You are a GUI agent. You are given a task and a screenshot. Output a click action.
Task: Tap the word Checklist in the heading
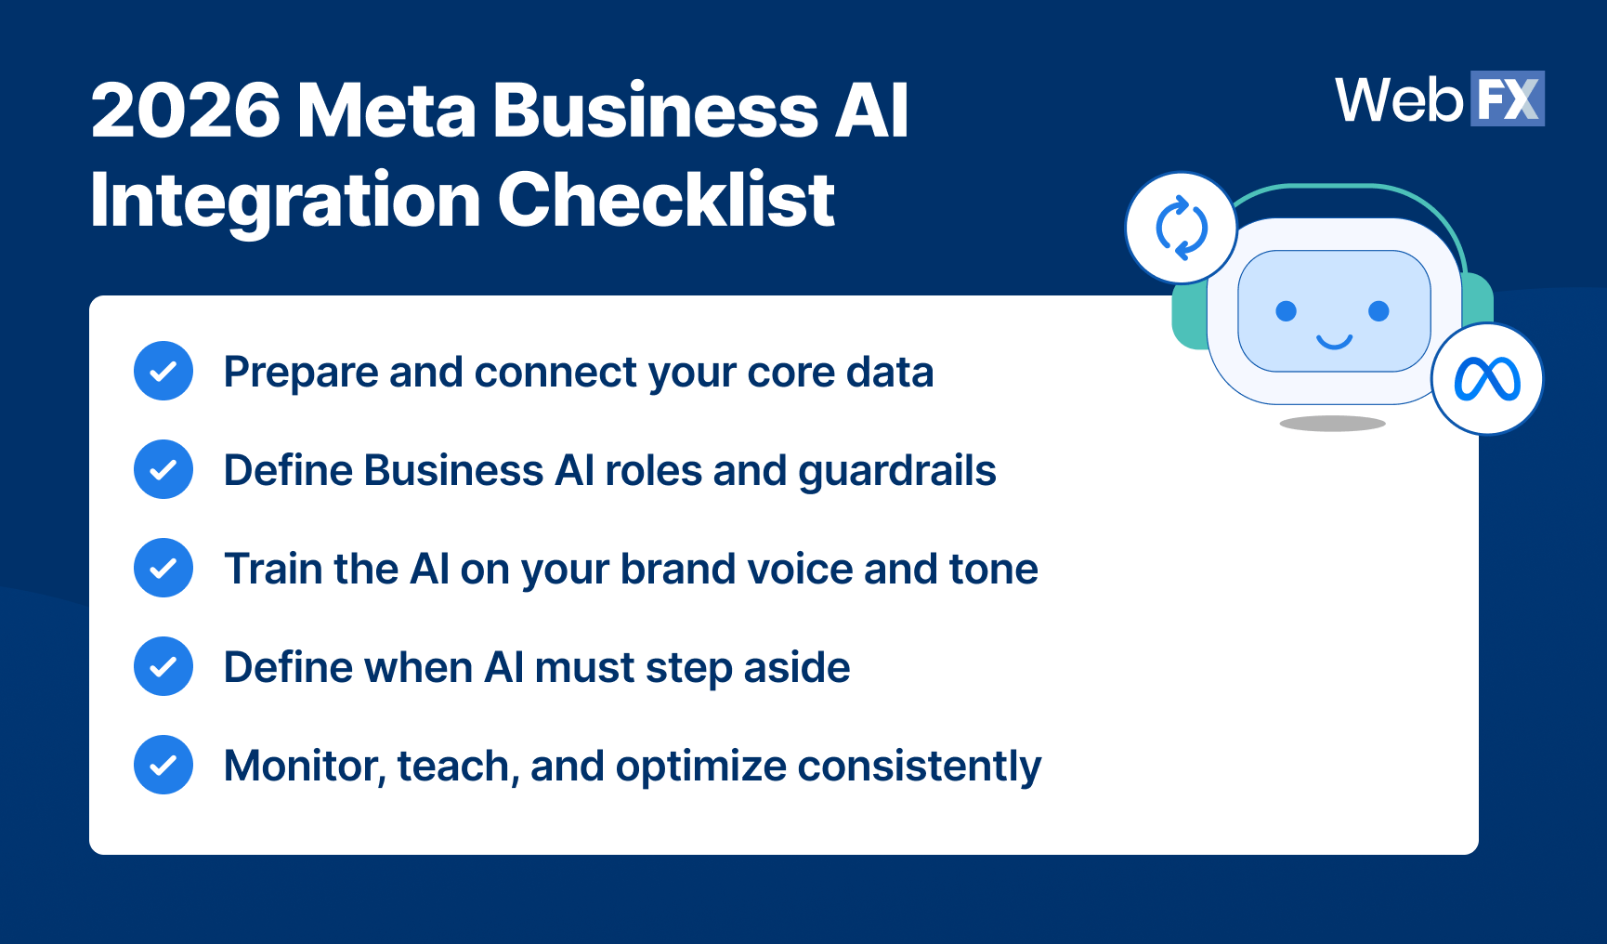666,200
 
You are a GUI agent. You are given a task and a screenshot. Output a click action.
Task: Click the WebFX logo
1439,99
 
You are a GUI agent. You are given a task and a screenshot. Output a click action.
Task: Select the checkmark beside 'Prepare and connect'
163,372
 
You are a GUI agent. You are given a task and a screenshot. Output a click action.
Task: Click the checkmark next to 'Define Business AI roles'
163,470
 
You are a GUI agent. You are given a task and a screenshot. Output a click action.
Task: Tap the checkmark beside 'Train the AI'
163,569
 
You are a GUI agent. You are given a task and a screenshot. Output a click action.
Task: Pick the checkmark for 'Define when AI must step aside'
163,667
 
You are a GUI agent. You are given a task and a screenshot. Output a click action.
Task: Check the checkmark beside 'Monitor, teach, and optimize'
163,766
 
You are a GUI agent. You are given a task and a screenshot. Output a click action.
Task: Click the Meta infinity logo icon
1486,379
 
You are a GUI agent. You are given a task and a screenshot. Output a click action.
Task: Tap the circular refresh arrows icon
1181,228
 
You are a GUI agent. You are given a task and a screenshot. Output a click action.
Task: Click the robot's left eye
1286,311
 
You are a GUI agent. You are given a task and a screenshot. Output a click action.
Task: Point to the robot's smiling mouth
1334,342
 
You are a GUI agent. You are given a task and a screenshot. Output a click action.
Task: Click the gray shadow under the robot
1332,424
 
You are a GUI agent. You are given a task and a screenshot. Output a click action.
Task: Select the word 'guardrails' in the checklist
896,471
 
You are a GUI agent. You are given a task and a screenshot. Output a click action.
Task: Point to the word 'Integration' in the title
285,200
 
